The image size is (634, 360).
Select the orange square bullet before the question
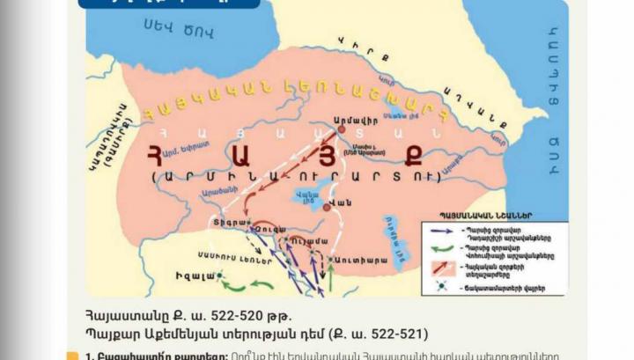pyautogui.click(x=72, y=356)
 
